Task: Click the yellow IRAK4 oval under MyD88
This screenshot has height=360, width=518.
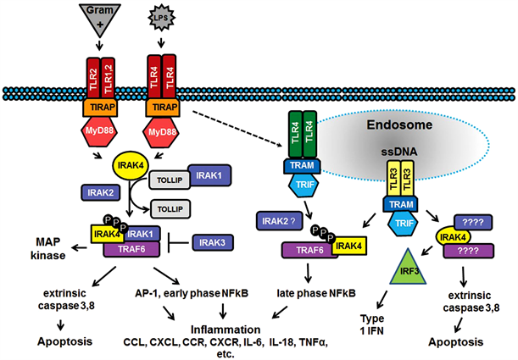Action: [131, 164]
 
